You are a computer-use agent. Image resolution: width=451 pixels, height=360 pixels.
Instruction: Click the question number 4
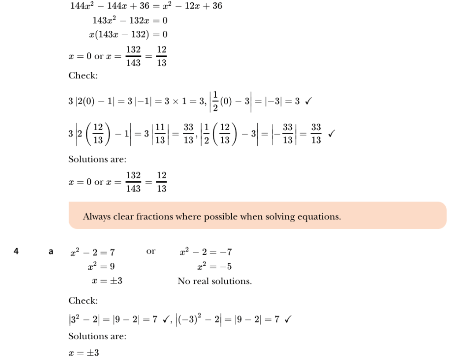tap(16, 251)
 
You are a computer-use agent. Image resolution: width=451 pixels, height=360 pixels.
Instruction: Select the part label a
tap(51, 252)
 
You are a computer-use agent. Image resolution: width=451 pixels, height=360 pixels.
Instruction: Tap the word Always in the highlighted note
tap(97, 217)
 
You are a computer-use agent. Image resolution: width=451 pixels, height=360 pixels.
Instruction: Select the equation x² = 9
tap(101, 266)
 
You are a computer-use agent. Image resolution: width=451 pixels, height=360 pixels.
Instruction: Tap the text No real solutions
tap(214, 281)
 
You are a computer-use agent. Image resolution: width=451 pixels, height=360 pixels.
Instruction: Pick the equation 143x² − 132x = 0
tap(130, 20)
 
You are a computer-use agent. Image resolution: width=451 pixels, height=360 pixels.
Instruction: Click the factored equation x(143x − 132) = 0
tap(128, 34)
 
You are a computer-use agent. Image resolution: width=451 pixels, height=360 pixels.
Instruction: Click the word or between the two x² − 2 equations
tap(151, 251)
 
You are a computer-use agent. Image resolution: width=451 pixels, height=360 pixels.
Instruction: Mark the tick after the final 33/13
tap(331, 133)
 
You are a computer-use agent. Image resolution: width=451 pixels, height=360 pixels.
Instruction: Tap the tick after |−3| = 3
tap(308, 102)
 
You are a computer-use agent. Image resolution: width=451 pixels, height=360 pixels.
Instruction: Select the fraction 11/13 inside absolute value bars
tap(160, 133)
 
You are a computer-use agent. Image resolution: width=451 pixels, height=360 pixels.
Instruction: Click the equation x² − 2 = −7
tap(206, 252)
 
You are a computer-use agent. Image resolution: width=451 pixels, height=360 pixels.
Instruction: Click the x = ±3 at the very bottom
tap(84, 353)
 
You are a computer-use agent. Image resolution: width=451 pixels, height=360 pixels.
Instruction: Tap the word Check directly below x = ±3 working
tap(83, 301)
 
